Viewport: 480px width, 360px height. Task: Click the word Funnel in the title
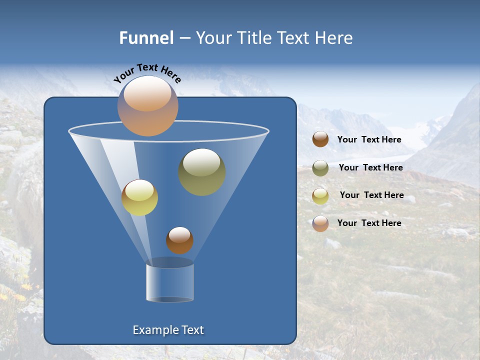coord(146,38)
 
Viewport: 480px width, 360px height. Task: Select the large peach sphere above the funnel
coord(147,106)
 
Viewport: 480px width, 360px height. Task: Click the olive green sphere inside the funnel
coord(201,172)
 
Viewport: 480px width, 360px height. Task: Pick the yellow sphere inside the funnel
coord(139,197)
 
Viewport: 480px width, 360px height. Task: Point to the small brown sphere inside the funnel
coord(179,240)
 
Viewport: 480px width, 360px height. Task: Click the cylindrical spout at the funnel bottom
coord(170,282)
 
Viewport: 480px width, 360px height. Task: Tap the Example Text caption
coord(168,330)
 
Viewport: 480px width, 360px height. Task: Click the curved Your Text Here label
coord(147,73)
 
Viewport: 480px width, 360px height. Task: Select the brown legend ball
coord(320,139)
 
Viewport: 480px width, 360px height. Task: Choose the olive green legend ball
coord(320,168)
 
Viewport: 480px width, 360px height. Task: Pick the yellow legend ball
coord(320,196)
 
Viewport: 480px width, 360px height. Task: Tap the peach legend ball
coord(320,223)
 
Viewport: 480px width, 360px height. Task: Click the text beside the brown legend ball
coord(369,140)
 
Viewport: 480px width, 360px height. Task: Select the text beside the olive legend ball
coord(370,168)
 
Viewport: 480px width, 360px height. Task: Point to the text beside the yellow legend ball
coord(371,195)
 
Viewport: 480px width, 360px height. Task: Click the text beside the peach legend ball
coord(369,223)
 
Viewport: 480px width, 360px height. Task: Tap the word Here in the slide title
coord(334,38)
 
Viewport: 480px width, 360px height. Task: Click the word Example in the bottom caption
coord(155,330)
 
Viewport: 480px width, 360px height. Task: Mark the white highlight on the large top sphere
coord(147,93)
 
